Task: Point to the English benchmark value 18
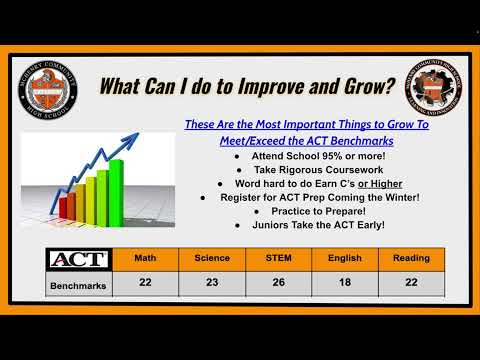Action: coord(345,284)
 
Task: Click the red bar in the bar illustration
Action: coord(68,207)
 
